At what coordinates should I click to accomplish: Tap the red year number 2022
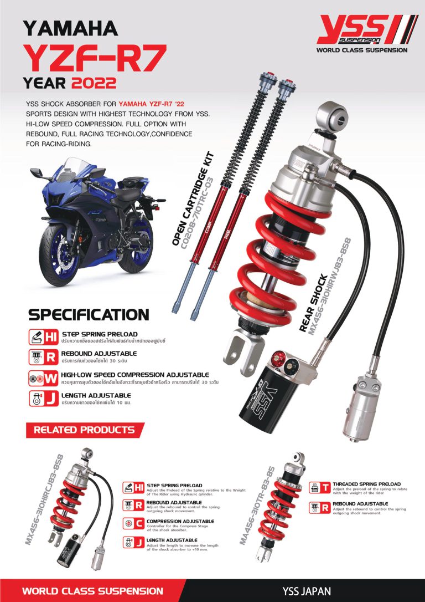[93, 84]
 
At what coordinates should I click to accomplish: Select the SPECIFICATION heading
[89, 315]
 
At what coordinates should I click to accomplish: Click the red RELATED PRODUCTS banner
[84, 430]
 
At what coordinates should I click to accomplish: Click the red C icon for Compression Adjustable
[140, 524]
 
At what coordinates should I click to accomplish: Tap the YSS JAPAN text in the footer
[303, 591]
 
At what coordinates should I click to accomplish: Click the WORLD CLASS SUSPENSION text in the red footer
[92, 591]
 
